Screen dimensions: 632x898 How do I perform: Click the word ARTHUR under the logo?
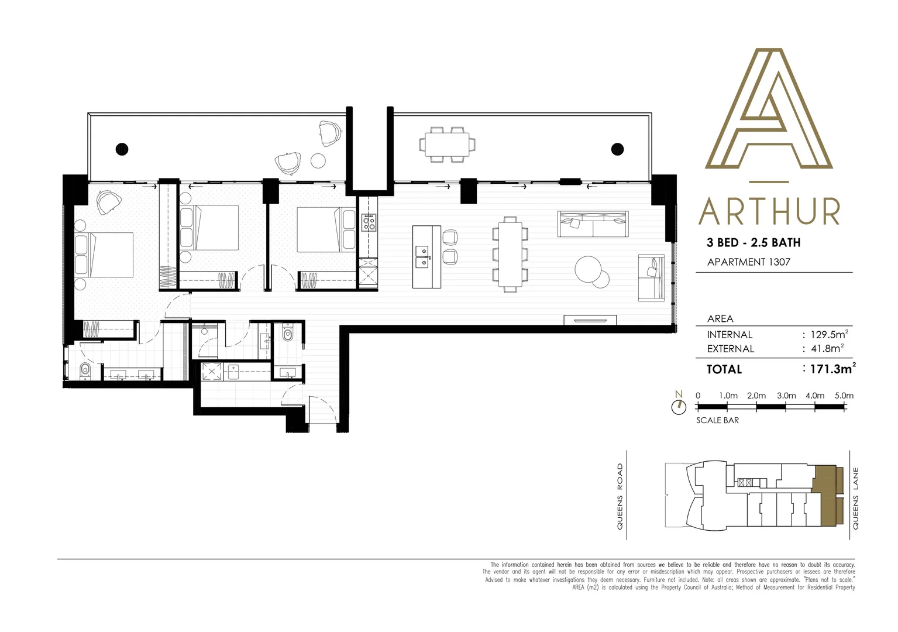(x=769, y=212)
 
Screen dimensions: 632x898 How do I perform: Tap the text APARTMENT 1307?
(x=748, y=262)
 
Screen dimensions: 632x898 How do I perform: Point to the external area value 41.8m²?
(x=826, y=349)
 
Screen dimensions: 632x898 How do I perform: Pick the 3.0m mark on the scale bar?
(x=786, y=396)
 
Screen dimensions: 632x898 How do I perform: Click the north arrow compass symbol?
(x=679, y=406)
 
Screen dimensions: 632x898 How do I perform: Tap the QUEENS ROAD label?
(x=620, y=497)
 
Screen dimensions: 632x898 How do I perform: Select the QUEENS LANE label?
(x=856, y=498)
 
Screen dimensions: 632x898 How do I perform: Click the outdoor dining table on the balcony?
(x=446, y=144)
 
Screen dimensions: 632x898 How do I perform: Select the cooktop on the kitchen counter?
(x=369, y=223)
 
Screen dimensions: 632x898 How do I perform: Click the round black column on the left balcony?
(x=122, y=149)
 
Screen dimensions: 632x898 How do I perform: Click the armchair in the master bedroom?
(x=109, y=202)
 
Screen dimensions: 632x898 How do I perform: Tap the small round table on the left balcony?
(x=318, y=160)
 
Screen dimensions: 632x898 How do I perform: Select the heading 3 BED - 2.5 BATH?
(x=754, y=242)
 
